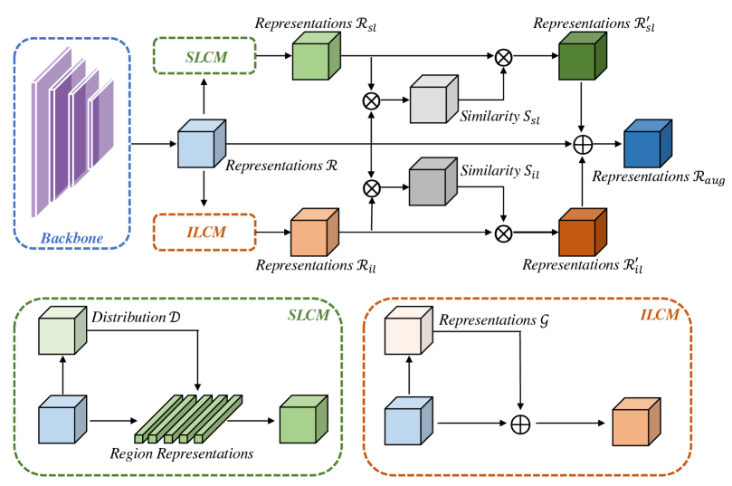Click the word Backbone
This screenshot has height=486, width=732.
tap(72, 240)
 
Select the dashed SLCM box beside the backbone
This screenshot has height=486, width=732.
tap(204, 56)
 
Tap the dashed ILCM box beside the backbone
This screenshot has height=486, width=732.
tap(204, 233)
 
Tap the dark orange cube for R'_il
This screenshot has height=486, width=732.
tap(581, 232)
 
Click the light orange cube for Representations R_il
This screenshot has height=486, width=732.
tap(313, 233)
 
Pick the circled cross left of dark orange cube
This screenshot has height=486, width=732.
tap(504, 233)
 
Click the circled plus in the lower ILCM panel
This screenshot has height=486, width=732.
tap(521, 422)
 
